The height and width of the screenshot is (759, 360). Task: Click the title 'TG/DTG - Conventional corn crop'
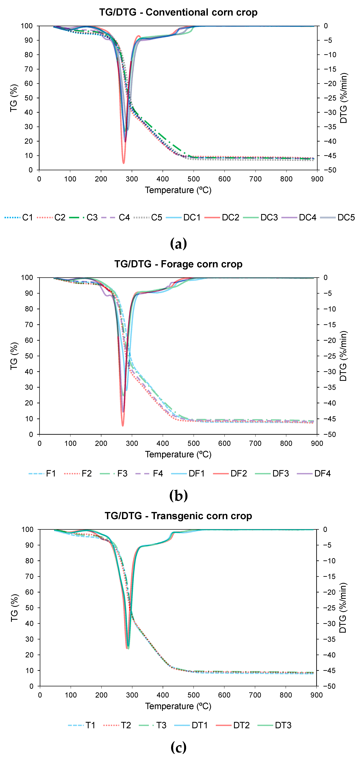178,12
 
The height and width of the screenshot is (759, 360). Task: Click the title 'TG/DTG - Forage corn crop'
178,264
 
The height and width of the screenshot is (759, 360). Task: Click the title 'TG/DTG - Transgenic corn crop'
178,516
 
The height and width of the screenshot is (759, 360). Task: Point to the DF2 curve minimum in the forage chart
123,426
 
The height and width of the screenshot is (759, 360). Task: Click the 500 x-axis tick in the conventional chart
194,179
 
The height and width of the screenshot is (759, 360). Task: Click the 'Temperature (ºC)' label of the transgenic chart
178,706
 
